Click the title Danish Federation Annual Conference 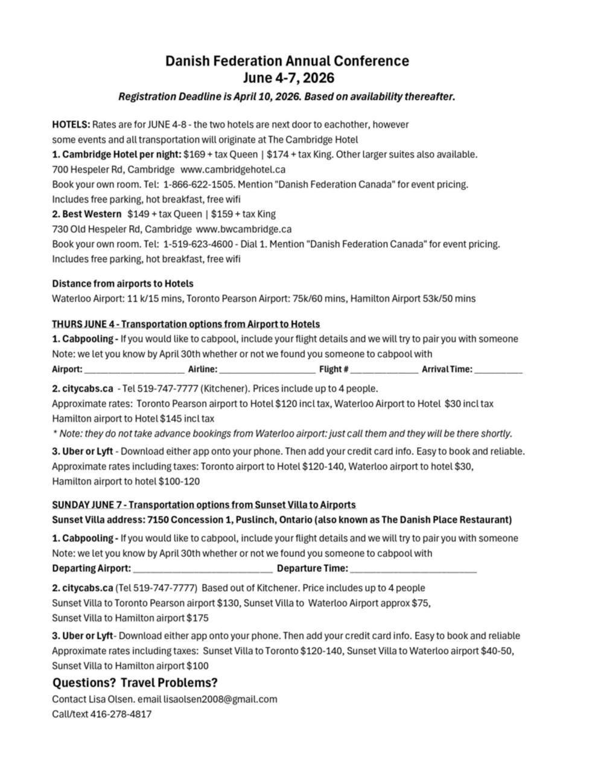287,61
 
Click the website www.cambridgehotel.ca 233,170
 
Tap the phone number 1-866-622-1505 197,184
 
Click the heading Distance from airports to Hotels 122,284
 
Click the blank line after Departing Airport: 203,569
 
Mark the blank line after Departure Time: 413,569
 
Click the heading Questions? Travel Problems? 135,683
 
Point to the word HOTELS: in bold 71,125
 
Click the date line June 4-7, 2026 288,78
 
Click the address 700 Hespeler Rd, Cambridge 113,170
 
